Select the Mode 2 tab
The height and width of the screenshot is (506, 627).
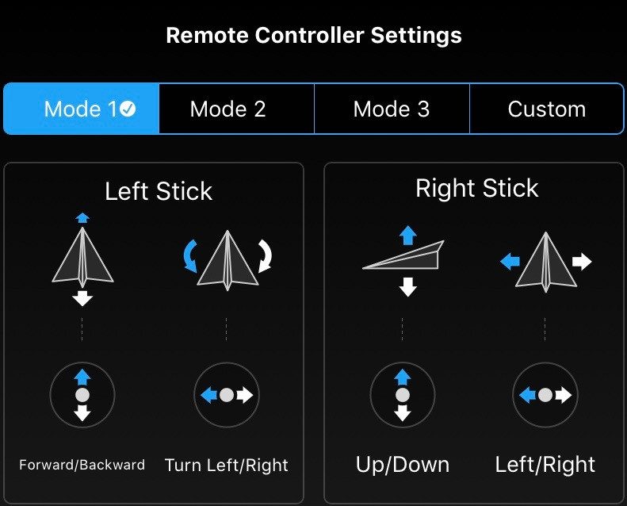[x=237, y=109]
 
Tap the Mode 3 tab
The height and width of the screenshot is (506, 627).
[x=392, y=109]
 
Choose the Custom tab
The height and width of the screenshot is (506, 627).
[x=547, y=109]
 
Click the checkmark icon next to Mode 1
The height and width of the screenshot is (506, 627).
[x=128, y=109]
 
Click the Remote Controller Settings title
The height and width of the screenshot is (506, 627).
[x=314, y=35]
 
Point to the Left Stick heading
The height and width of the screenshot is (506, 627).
[x=159, y=191]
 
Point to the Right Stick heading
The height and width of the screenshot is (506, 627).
[x=476, y=188]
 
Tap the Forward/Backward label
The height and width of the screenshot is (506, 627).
[x=82, y=465]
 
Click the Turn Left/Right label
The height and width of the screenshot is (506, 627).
[x=227, y=466]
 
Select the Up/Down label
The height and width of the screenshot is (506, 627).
[x=402, y=465]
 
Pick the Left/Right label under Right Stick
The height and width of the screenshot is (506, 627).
[x=545, y=465]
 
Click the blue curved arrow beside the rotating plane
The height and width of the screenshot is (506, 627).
[x=189, y=257]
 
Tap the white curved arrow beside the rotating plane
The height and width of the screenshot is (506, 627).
[x=266, y=256]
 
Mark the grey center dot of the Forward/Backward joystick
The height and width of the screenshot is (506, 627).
[x=82, y=395]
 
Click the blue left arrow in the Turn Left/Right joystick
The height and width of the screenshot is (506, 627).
[x=208, y=395]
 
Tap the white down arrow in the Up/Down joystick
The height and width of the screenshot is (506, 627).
[x=402, y=412]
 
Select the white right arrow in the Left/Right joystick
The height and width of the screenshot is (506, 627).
[x=564, y=395]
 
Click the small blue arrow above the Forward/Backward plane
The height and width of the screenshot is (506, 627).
[x=82, y=217]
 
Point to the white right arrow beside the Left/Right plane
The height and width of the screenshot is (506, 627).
[x=582, y=262]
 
